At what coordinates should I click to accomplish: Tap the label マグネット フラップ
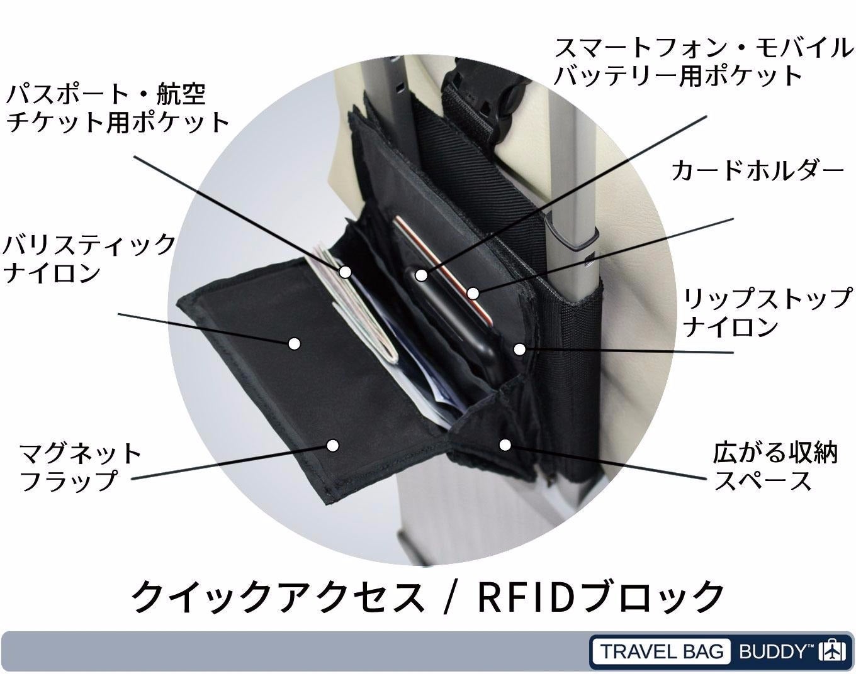click(81, 467)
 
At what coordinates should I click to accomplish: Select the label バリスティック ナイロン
click(88, 258)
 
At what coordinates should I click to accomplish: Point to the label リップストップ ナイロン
click(767, 312)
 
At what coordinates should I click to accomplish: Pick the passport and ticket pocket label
click(117, 108)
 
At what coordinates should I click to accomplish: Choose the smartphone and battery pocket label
click(702, 62)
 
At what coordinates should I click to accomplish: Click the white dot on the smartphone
click(421, 275)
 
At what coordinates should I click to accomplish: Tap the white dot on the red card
click(473, 293)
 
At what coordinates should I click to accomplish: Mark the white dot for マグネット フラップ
click(333, 445)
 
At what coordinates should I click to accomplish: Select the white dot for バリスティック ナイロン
click(294, 343)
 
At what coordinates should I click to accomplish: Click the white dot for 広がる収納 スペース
click(505, 445)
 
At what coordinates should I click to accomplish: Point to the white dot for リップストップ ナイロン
click(519, 348)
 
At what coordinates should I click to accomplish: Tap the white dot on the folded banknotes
click(345, 272)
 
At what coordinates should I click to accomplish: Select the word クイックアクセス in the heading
click(277, 596)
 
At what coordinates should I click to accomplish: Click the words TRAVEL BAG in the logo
click(662, 651)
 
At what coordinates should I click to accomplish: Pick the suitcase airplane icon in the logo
click(831, 651)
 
